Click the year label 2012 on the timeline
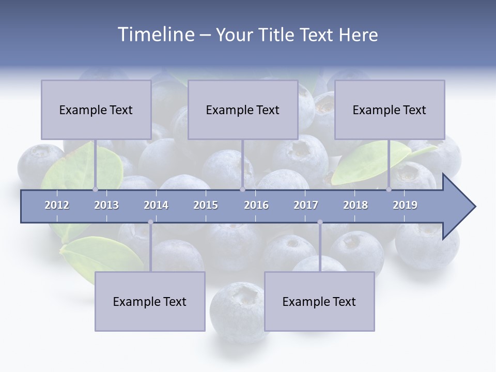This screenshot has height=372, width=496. [57, 205]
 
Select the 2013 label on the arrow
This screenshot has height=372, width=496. [106, 205]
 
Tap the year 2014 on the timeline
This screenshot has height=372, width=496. [156, 205]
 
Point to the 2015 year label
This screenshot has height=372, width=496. [206, 205]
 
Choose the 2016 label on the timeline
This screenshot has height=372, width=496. [256, 205]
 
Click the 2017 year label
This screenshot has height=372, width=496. [306, 205]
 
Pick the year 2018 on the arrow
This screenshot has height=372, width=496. [355, 205]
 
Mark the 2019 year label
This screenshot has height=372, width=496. [405, 205]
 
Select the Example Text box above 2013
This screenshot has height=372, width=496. [96, 110]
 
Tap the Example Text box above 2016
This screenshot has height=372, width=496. [243, 110]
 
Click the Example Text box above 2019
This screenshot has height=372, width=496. [390, 110]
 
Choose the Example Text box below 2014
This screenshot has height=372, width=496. [150, 301]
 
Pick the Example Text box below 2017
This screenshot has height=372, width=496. [319, 301]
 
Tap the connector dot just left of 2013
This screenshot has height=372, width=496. [95, 189]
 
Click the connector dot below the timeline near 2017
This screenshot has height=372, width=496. [320, 222]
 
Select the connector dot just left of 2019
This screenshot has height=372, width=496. [389, 189]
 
